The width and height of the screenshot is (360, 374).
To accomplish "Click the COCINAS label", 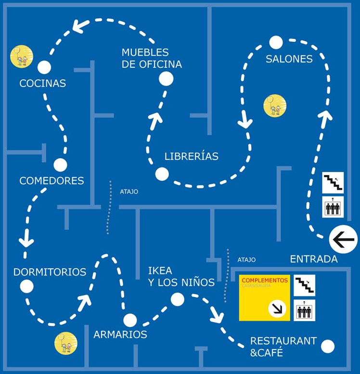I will [x=42, y=83].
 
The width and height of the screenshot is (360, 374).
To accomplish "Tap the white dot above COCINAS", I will [x=44, y=67].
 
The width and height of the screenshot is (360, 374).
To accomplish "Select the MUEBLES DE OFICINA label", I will [x=152, y=58].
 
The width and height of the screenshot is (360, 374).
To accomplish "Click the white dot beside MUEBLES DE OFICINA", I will [x=166, y=79].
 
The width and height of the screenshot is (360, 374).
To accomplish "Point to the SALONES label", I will [x=289, y=59].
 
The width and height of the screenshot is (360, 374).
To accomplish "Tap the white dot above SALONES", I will [x=276, y=42].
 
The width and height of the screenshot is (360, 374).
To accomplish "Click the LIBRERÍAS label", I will [x=191, y=156].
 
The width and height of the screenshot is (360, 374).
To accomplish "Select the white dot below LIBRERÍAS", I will [x=162, y=174].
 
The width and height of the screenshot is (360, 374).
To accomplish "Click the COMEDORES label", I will [x=51, y=181].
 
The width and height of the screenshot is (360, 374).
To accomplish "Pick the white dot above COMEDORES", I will [x=60, y=165].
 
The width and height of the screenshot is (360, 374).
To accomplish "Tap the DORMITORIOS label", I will [x=50, y=272].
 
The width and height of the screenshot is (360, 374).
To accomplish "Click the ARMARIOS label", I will [x=120, y=334].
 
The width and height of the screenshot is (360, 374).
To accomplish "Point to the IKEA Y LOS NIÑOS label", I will [x=181, y=276].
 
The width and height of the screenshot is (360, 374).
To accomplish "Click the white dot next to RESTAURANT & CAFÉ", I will [x=328, y=346].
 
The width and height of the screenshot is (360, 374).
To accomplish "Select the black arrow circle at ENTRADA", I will [x=343, y=239].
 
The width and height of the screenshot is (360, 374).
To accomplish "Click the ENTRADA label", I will [x=313, y=259].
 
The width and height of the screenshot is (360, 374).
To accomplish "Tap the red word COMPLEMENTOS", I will [x=265, y=280].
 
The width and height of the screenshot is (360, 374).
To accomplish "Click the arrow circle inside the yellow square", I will [x=277, y=308].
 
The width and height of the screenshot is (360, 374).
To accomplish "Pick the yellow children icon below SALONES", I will [x=275, y=106].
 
